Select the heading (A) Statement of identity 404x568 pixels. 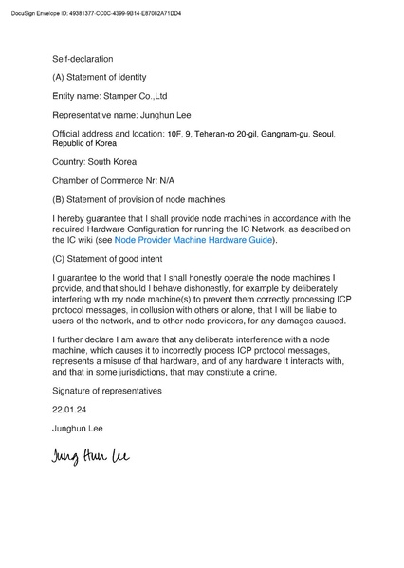pyautogui.click(x=100, y=76)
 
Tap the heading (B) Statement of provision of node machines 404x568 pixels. pyautogui.click(x=138, y=199)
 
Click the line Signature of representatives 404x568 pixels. pyautogui.click(x=107, y=391)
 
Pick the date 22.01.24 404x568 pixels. pyautogui.click(x=69, y=410)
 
